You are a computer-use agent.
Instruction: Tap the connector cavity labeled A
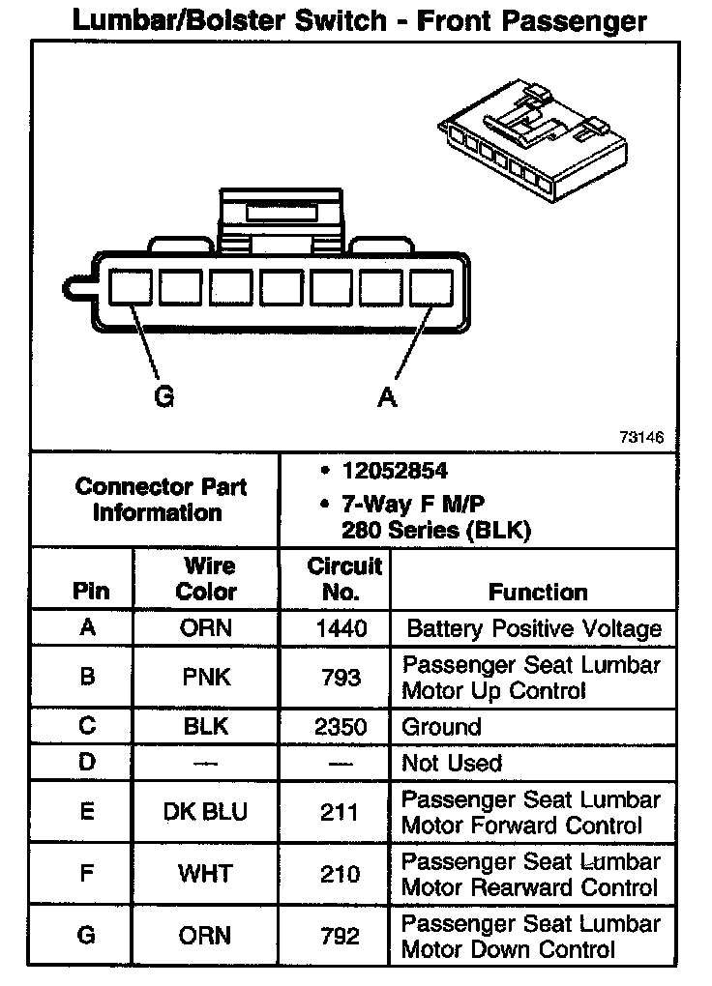pyautogui.click(x=431, y=289)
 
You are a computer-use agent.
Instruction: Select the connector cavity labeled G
pyautogui.click(x=129, y=289)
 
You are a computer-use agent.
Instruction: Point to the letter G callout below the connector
pyautogui.click(x=164, y=397)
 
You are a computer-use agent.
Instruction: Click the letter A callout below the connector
pyautogui.click(x=387, y=397)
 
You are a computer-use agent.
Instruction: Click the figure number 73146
pyautogui.click(x=641, y=437)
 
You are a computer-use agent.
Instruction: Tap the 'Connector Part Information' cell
pyautogui.click(x=161, y=500)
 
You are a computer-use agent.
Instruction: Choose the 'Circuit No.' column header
pyautogui.click(x=343, y=578)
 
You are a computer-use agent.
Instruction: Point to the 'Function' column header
pyautogui.click(x=537, y=592)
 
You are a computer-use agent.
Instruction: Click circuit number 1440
pyautogui.click(x=341, y=628)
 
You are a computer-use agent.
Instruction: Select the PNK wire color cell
pyautogui.click(x=206, y=677)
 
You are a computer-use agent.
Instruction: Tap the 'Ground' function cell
pyautogui.click(x=441, y=727)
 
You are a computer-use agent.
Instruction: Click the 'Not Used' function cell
pyautogui.click(x=452, y=763)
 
